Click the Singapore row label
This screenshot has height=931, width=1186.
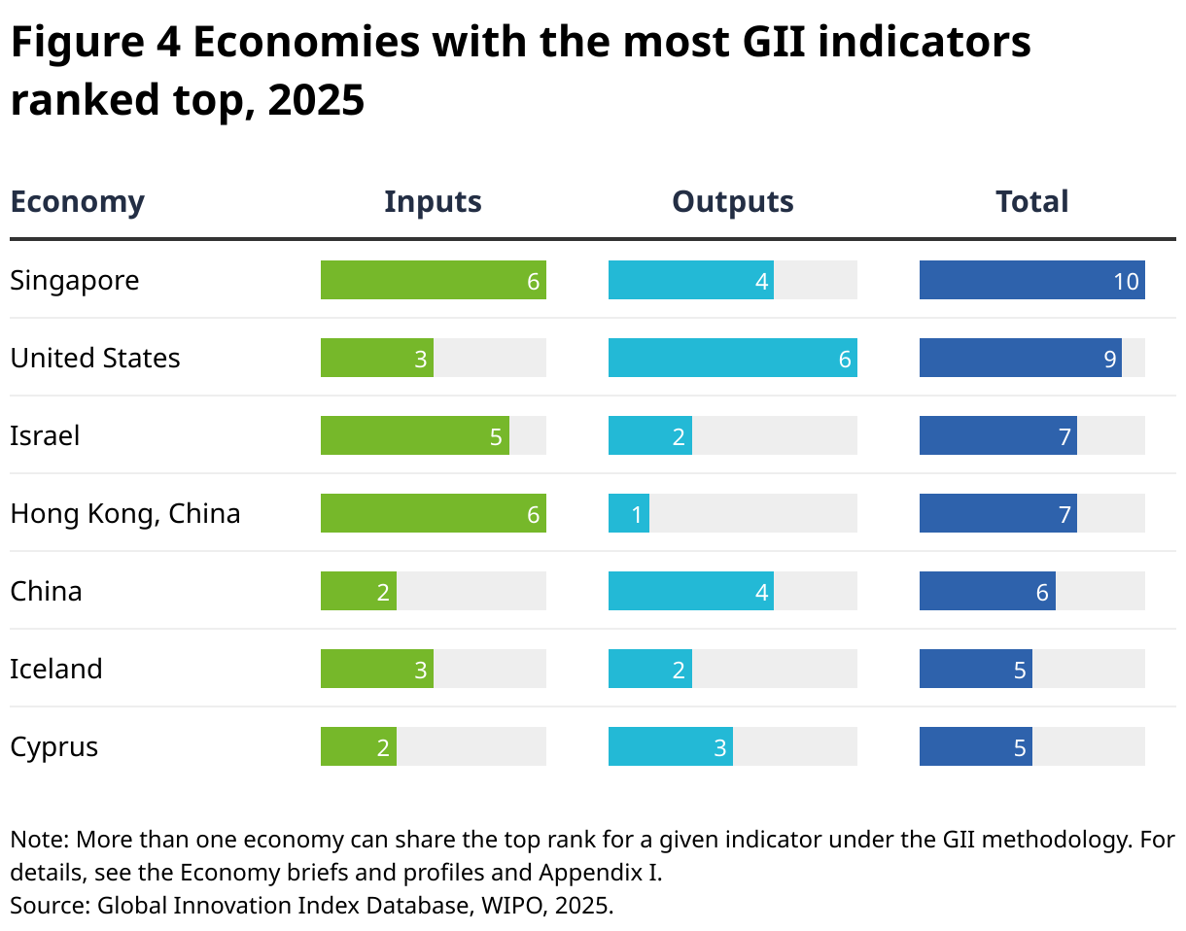coord(75,281)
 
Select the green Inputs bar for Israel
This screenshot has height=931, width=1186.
coord(415,435)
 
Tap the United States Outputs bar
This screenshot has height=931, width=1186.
coord(732,358)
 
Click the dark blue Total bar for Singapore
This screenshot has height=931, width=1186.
coord(1031,280)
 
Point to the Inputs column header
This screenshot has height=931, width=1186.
coord(433,201)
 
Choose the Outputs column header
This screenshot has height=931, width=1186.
coord(732,201)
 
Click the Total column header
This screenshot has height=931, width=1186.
coord(1031,201)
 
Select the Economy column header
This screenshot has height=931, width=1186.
coord(77,201)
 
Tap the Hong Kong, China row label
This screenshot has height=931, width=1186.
coord(125,513)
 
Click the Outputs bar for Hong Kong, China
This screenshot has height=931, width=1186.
coord(629,513)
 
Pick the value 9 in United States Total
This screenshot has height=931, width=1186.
coord(1109,359)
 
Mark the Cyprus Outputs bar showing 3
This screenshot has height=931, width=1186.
coord(671,746)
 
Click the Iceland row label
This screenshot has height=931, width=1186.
coord(56,669)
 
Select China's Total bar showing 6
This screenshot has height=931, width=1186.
coord(987,591)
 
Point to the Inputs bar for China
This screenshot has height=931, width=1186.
coord(359,591)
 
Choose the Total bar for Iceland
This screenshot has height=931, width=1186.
coord(975,669)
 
